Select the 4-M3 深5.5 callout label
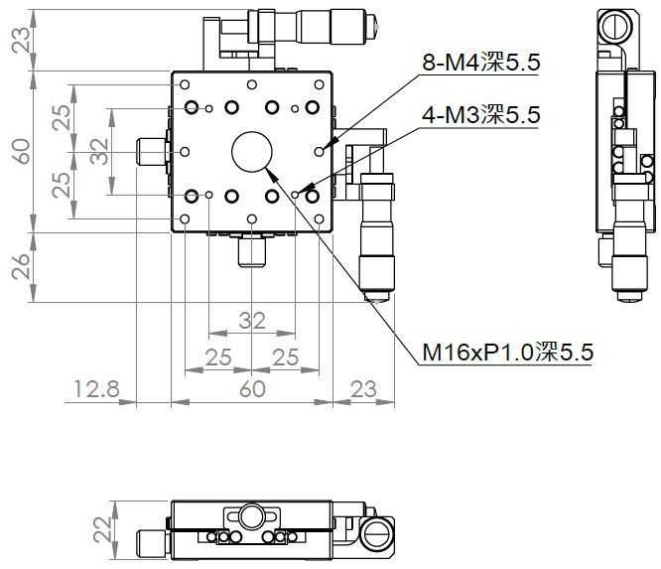click(480, 116)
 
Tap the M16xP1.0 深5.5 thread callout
click(507, 351)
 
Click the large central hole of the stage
click(252, 151)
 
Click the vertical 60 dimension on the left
click(19, 151)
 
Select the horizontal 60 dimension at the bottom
click(251, 388)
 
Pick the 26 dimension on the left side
click(19, 266)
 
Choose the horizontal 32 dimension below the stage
click(251, 321)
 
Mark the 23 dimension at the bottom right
click(363, 388)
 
